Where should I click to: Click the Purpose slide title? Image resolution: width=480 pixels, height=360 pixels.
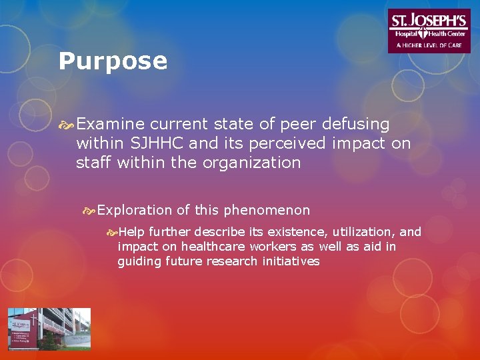point(113,61)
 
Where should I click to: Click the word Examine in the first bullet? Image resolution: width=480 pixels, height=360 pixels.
point(111,124)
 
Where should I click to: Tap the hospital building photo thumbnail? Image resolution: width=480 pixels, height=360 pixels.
point(49,329)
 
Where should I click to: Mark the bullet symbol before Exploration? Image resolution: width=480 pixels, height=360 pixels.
point(89,211)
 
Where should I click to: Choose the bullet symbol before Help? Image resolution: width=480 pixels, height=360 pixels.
point(111,233)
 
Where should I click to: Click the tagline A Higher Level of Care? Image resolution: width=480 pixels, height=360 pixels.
point(429,45)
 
